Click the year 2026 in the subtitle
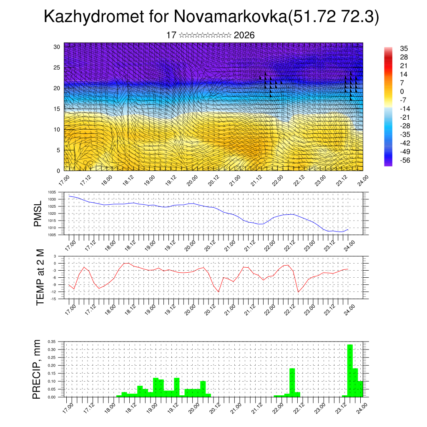pyautogui.click(x=244, y=35)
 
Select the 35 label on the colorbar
pyautogui.click(x=404, y=48)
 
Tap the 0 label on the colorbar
pyautogui.click(x=402, y=91)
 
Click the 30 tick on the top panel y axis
pyautogui.click(x=57, y=47)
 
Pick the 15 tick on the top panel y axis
pyautogui.click(x=57, y=109)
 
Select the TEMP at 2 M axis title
pyautogui.click(x=40, y=277)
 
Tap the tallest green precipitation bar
pyautogui.click(x=350, y=370)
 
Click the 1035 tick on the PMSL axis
pyautogui.click(x=52, y=192)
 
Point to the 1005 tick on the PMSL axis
pyautogui.click(x=52, y=235)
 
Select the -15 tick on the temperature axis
pyautogui.click(x=54, y=299)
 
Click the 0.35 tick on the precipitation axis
pyautogui.click(x=51, y=342)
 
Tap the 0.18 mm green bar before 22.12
pyautogui.click(x=292, y=382)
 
